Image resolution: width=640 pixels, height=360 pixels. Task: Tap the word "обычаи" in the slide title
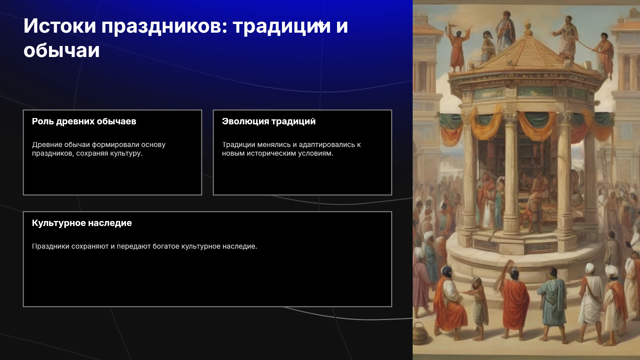tap(62, 51)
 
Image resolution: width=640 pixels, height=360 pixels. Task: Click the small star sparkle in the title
tap(320, 24)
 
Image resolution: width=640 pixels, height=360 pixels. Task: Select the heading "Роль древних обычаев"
tap(84, 121)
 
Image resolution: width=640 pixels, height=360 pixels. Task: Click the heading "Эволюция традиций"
tap(269, 121)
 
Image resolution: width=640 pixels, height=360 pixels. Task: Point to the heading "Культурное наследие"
tap(82, 223)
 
